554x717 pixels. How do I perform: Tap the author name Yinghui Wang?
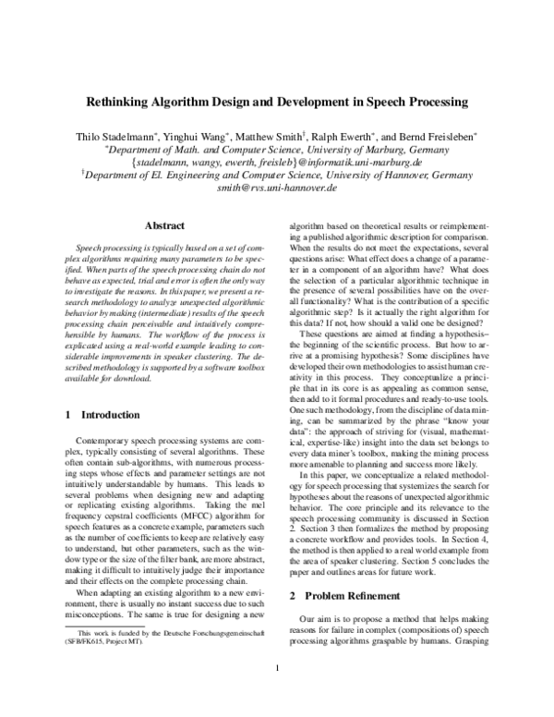tap(202, 136)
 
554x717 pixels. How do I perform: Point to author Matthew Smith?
tap(281, 136)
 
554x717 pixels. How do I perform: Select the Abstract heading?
tap(165, 225)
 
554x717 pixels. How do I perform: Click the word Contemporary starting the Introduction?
tap(102, 444)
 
